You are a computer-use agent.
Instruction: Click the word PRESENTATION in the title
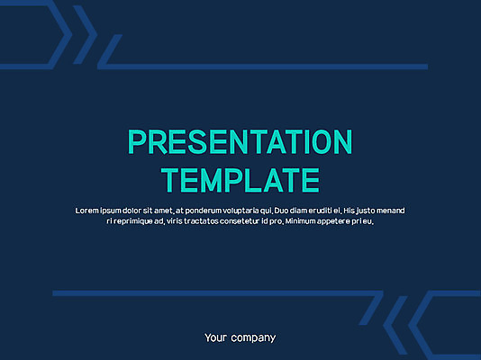tap(240, 142)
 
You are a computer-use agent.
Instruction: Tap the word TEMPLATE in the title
tap(240, 179)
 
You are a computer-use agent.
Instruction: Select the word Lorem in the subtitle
tap(88, 210)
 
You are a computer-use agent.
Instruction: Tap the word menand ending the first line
tap(388, 210)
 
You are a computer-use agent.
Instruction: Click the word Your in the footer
tap(215, 338)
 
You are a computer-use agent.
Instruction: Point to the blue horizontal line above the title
tap(270, 67)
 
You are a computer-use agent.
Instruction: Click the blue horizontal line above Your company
tap(207, 293)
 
